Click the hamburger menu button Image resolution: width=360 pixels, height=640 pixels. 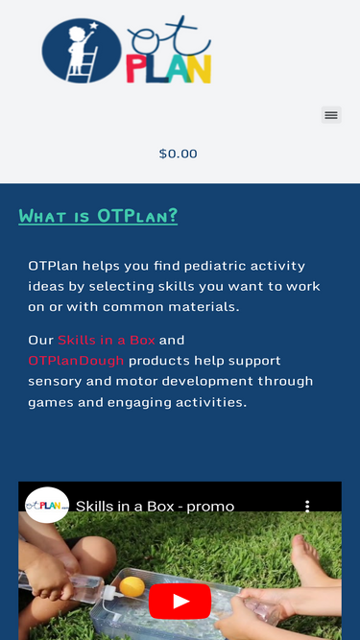coord(331,115)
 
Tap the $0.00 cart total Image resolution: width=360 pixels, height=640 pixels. coord(179,154)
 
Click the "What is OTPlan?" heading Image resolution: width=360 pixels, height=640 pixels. coord(98,216)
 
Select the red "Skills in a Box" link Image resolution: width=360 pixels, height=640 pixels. coord(106,340)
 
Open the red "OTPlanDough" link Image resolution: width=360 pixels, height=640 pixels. coord(76,361)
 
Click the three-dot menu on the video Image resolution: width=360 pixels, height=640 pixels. coord(307,506)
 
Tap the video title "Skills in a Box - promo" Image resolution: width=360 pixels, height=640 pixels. coord(155,506)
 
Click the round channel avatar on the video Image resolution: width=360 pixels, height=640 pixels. coord(46,505)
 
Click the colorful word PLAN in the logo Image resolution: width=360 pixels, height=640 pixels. coord(169,69)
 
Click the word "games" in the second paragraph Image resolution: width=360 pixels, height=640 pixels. coord(50,402)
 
